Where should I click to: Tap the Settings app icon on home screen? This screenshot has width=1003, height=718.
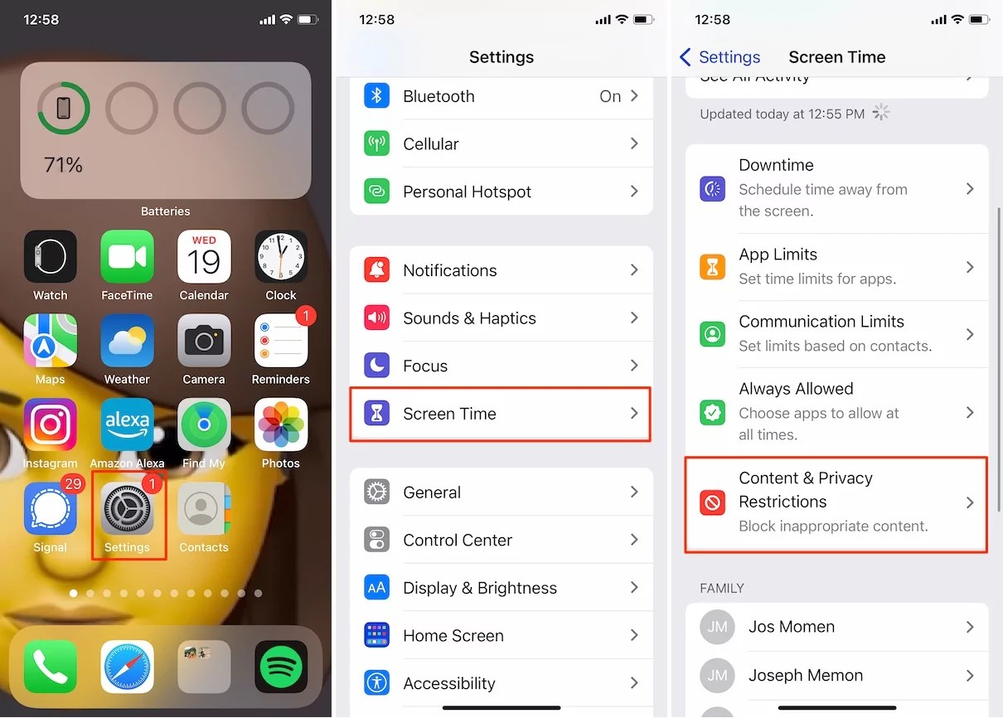(x=127, y=509)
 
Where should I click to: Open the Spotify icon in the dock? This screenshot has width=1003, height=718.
(x=281, y=667)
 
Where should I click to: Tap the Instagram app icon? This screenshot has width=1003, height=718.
(x=51, y=425)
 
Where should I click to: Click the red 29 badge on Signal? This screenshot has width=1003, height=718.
(x=74, y=483)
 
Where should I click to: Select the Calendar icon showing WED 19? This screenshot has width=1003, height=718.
(x=204, y=257)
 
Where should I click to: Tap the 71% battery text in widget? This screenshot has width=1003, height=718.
(x=63, y=165)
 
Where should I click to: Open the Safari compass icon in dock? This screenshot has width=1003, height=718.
(x=127, y=667)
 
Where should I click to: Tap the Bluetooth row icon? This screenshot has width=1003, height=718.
(x=377, y=96)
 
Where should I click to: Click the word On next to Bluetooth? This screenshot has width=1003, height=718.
(x=610, y=96)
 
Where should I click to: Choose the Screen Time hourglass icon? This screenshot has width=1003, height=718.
(x=377, y=414)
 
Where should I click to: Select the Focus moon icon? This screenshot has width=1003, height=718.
(x=377, y=366)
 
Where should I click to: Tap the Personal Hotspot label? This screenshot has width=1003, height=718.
(x=467, y=192)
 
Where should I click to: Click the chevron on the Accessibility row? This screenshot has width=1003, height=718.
(x=634, y=683)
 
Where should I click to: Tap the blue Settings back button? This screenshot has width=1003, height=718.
(x=720, y=57)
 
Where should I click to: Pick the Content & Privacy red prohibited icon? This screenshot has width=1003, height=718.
(x=713, y=502)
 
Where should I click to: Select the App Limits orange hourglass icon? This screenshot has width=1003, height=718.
(x=713, y=267)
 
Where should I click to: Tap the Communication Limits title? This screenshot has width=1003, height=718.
(x=821, y=322)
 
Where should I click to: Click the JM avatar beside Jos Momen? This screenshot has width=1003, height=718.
(x=718, y=627)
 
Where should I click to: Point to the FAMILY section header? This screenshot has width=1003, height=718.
(x=722, y=588)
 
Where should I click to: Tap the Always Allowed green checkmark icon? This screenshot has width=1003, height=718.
(x=713, y=412)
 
